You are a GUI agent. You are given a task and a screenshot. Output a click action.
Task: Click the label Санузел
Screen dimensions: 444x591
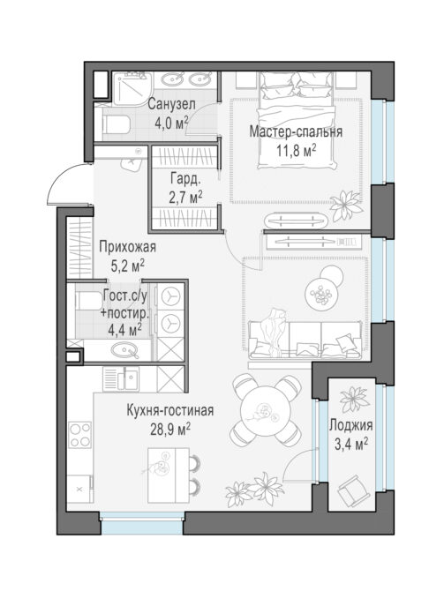pyautogui.click(x=171, y=104)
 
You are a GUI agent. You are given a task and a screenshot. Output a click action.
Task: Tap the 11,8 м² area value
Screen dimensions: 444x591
pyautogui.click(x=296, y=150)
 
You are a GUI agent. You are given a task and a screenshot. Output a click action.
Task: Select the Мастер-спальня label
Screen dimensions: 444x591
pyautogui.click(x=296, y=132)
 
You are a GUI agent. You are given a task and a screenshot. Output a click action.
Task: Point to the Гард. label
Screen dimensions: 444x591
pyautogui.click(x=184, y=179)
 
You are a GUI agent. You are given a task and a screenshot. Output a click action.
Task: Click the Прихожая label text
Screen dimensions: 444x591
pyautogui.click(x=127, y=247)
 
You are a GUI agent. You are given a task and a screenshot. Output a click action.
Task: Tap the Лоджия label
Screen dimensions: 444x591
pyautogui.click(x=351, y=425)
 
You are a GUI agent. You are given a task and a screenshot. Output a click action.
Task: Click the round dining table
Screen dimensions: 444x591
pyautogui.click(x=267, y=410)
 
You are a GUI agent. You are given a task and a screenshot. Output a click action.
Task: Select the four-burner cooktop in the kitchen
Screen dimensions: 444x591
pyautogui.click(x=79, y=435)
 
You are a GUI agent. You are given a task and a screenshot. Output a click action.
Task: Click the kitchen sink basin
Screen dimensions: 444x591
pyautogui.click(x=127, y=378)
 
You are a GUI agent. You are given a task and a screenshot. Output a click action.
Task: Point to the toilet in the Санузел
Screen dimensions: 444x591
pyautogui.click(x=117, y=124)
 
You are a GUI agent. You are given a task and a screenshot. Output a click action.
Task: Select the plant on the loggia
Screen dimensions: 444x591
pyautogui.click(x=354, y=399)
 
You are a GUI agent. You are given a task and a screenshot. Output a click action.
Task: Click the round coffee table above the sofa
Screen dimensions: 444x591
pyautogui.click(x=320, y=293)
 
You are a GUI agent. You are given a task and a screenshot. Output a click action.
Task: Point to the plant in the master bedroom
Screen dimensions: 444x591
pyautogui.click(x=345, y=206)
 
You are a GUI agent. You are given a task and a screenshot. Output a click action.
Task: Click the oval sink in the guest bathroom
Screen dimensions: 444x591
pyautogui.click(x=124, y=350)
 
